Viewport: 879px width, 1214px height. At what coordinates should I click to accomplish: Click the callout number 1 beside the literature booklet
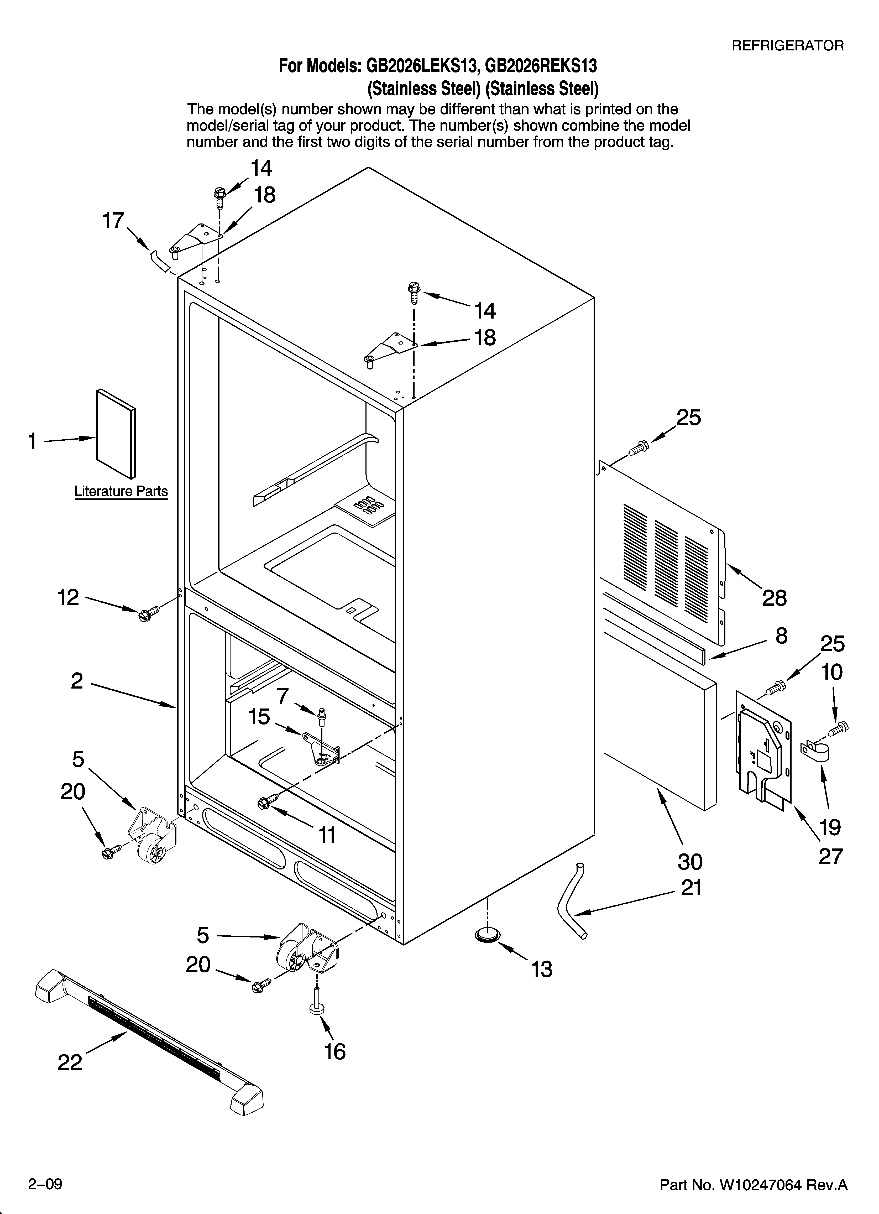tap(33, 442)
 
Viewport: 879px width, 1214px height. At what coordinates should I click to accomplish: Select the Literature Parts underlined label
tap(121, 491)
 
